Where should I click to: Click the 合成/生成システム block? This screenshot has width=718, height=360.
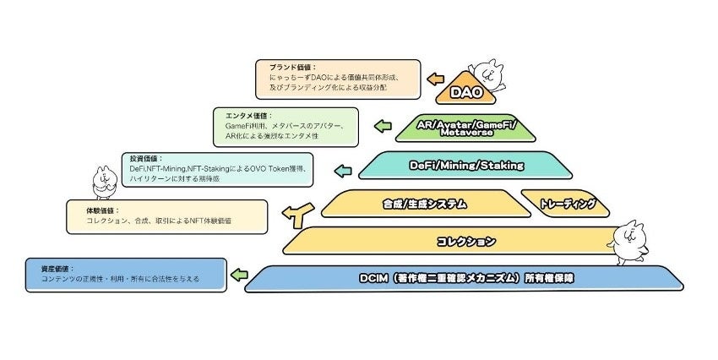click(x=414, y=203)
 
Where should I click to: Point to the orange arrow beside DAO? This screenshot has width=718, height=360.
click(x=435, y=79)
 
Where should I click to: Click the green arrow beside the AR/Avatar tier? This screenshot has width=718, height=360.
click(x=383, y=128)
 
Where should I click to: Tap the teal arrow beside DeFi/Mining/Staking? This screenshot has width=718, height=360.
click(x=342, y=171)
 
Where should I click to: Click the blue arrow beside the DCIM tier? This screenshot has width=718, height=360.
click(x=240, y=275)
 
